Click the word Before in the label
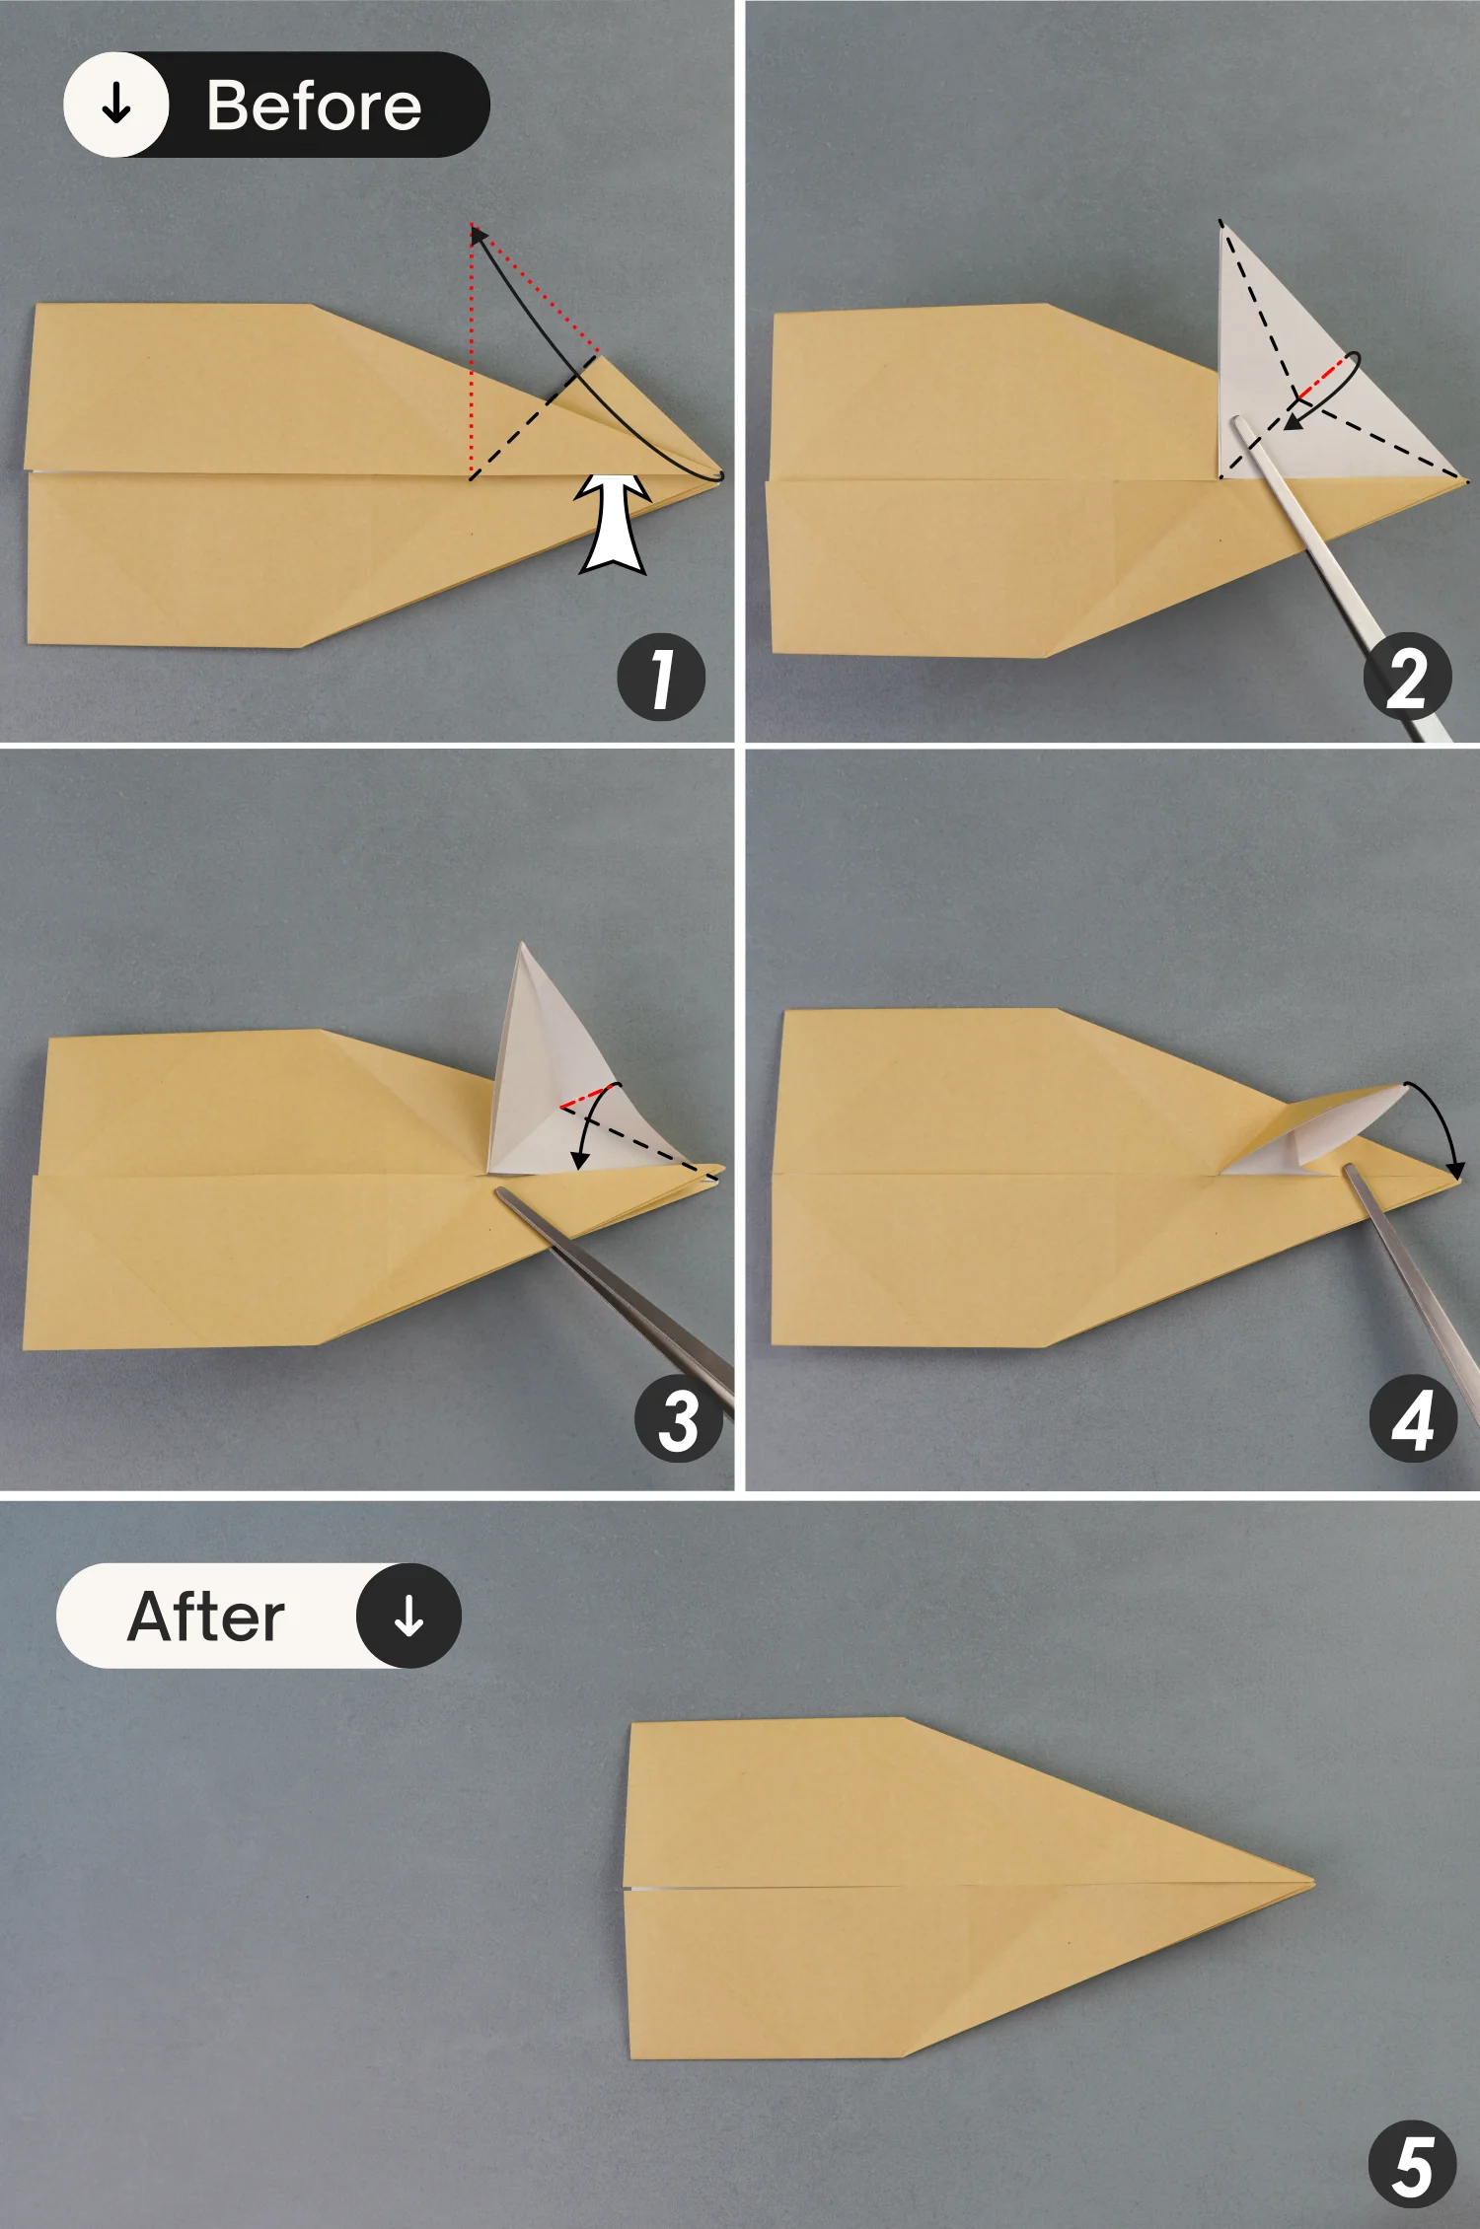(x=314, y=106)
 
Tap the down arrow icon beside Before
(x=116, y=104)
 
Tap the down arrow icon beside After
(x=408, y=1616)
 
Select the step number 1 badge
(x=661, y=677)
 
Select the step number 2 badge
(x=1407, y=677)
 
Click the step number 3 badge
(x=679, y=1420)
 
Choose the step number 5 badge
(x=1413, y=2164)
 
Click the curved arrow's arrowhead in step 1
(x=477, y=234)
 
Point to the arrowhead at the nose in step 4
(x=1456, y=1170)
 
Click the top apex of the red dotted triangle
(x=472, y=225)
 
